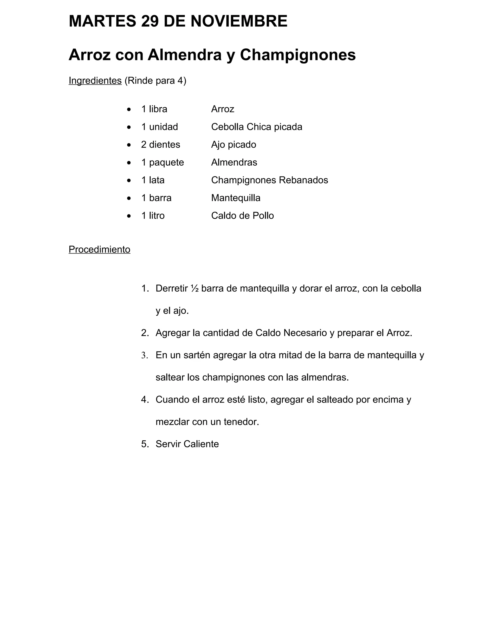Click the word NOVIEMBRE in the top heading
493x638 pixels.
coord(239,21)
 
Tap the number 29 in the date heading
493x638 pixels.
coord(150,21)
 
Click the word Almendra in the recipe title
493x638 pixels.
coord(184,55)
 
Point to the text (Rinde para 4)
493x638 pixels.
coord(155,80)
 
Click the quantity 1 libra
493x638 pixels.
coord(154,109)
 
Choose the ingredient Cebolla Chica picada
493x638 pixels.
coord(256,127)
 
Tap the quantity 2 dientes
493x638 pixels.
coord(160,145)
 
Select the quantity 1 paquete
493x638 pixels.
coord(162,163)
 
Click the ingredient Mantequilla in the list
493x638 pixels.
coord(235,198)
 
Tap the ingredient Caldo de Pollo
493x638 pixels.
coord(242,215)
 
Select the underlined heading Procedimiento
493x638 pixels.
coord(99,249)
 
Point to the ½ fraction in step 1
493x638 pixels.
coord(195,289)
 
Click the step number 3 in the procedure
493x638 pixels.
coord(143,356)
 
